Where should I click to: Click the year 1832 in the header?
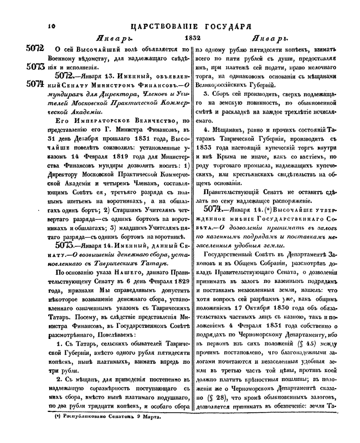click(184, 39)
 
